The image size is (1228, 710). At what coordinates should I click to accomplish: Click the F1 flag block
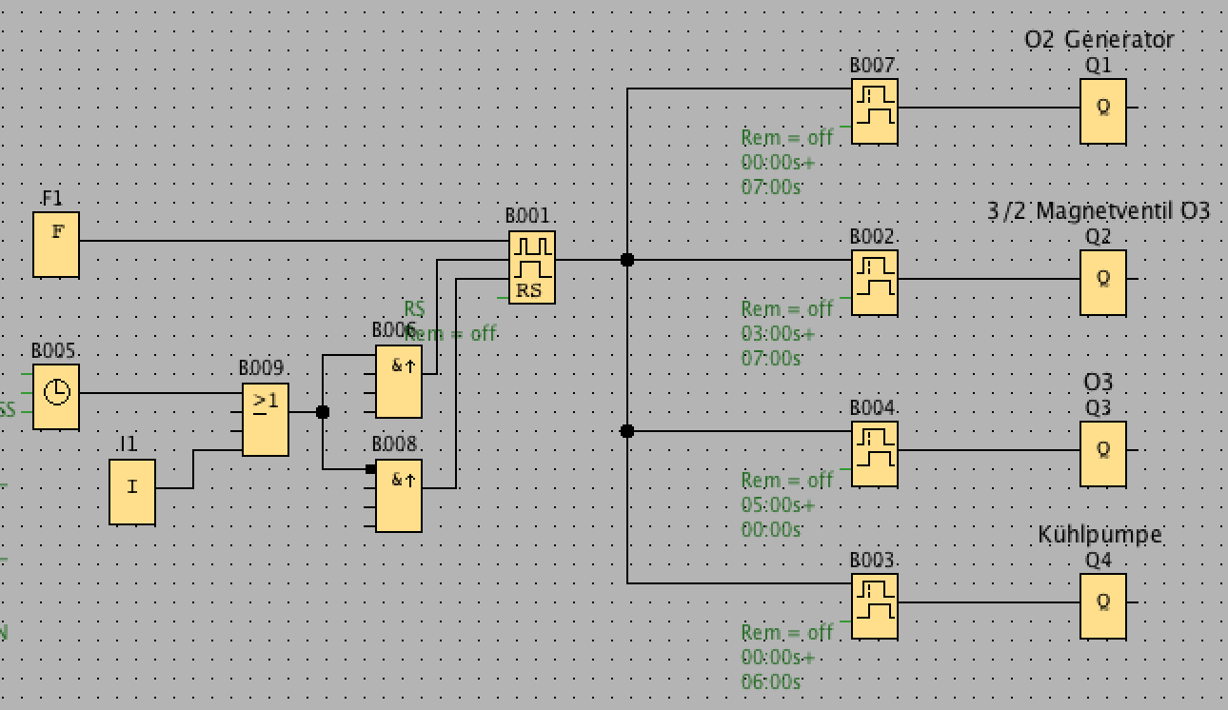(56, 245)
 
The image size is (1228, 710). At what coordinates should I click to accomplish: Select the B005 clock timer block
(56, 396)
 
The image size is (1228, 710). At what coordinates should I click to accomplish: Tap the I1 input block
(132, 491)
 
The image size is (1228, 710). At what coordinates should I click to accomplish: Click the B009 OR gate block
(265, 421)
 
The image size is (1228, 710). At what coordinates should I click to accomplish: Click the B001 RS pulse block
(531, 267)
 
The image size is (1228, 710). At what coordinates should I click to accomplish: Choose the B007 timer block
(874, 111)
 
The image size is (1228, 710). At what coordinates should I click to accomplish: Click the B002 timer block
(874, 283)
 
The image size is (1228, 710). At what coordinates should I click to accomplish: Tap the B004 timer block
(874, 454)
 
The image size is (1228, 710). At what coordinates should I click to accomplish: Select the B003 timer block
(874, 606)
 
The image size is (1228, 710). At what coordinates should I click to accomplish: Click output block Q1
(1103, 111)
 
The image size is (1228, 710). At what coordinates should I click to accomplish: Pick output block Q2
(1103, 283)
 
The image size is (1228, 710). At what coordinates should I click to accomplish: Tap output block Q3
(1103, 454)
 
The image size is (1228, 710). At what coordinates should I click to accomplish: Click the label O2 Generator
(1099, 40)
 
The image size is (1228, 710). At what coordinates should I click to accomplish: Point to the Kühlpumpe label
(1099, 535)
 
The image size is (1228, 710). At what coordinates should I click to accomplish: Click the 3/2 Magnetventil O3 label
(1098, 211)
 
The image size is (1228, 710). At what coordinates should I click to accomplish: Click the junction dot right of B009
(322, 412)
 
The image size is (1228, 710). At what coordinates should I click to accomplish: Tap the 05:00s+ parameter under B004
(778, 504)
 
